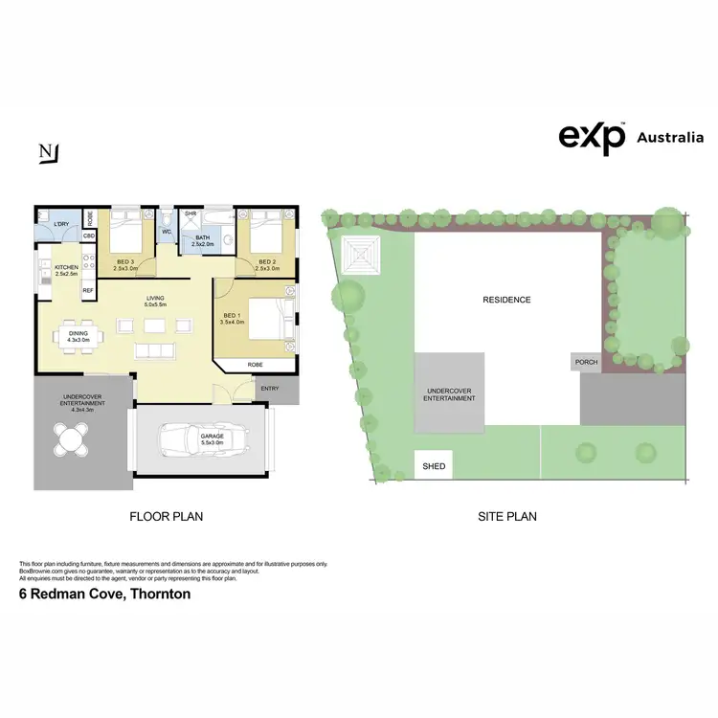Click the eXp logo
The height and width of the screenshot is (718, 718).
click(x=592, y=138)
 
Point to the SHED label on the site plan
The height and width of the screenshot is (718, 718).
click(x=434, y=466)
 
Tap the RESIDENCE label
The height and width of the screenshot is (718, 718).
click(x=505, y=300)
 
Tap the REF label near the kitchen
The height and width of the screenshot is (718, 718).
click(x=87, y=289)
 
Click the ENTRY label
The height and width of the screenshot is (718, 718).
click(x=270, y=388)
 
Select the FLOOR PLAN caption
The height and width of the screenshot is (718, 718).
click(x=166, y=516)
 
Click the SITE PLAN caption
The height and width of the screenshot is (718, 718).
click(x=506, y=516)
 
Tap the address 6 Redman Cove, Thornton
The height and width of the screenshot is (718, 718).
click(x=105, y=594)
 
